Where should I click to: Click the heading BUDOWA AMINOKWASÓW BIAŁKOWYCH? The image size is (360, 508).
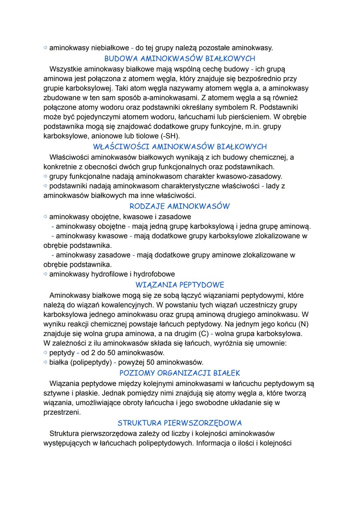tap(180, 59)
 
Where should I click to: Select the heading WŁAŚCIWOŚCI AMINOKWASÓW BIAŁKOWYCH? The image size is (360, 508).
tap(180, 147)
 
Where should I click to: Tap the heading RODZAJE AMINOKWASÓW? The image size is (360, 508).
tap(180, 206)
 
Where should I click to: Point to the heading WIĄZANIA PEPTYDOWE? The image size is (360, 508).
tap(180, 285)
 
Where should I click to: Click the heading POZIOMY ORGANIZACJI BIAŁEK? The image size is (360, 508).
tap(180, 373)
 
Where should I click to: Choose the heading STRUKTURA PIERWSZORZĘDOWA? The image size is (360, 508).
tap(180, 423)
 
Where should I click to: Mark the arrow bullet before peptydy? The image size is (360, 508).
tap(46, 352)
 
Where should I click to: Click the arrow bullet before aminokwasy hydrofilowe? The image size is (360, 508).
tap(46, 274)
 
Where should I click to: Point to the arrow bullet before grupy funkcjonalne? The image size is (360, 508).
tap(46, 176)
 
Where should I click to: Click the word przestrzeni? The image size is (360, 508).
tap(62, 412)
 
